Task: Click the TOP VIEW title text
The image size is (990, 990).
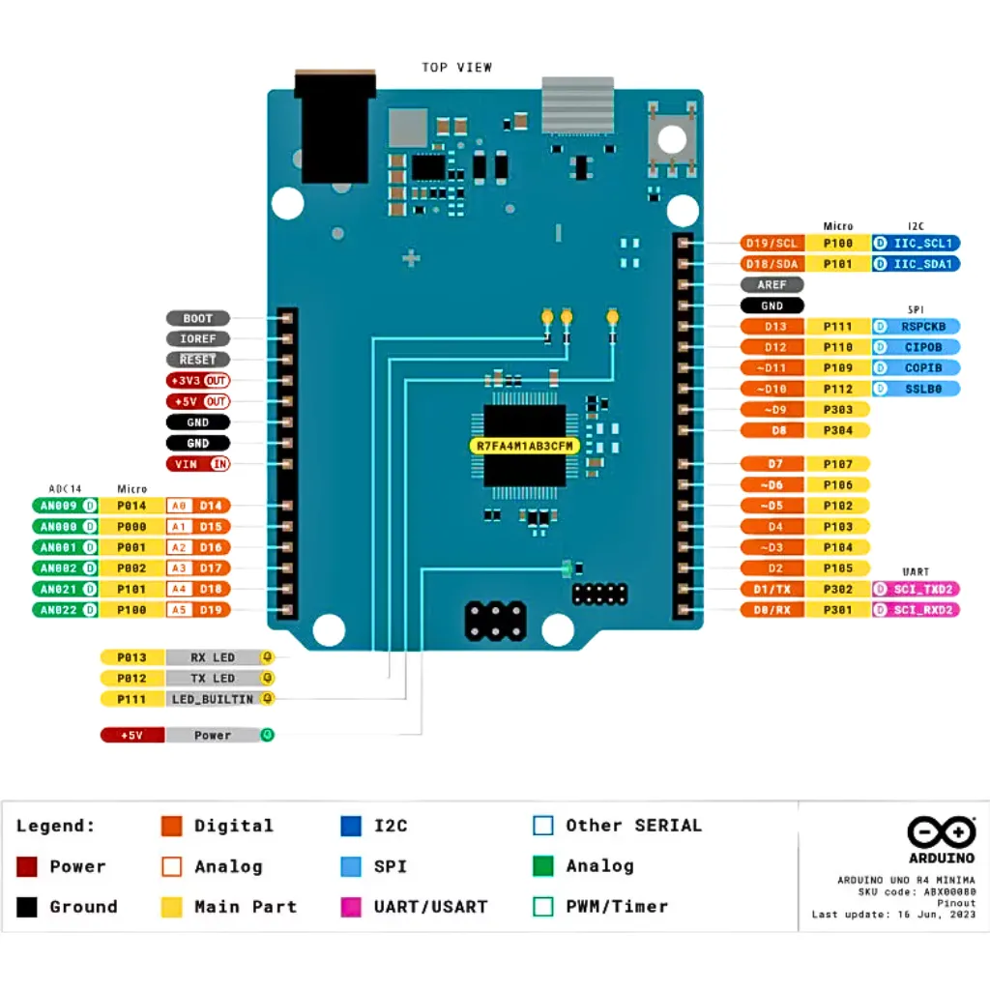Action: pos(456,68)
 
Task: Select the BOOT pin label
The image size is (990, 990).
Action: pos(198,318)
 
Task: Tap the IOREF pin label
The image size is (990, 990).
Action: pos(198,339)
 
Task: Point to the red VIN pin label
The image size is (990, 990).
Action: pos(198,464)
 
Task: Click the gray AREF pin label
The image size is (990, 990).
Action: pos(772,285)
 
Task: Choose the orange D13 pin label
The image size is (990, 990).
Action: pos(772,327)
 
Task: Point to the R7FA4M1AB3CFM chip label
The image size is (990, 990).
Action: pos(524,446)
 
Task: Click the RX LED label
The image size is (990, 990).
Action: pos(213,657)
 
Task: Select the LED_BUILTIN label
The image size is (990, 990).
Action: pos(213,699)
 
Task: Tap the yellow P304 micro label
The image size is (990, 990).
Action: pos(837,430)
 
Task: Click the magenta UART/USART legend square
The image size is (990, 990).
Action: pos(351,907)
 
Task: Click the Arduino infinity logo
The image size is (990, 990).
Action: pos(941,831)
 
